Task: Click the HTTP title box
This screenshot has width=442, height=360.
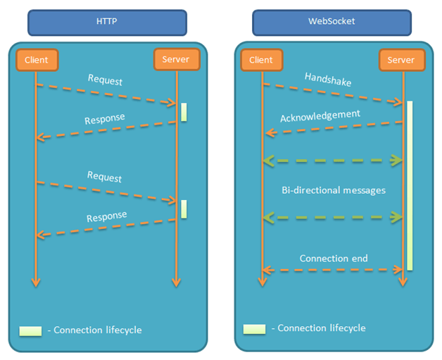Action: click(x=107, y=22)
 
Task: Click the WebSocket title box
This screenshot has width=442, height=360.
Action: click(x=334, y=22)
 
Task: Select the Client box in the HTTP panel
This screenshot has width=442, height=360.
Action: click(x=36, y=60)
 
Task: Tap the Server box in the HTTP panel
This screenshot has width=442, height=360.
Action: click(x=176, y=60)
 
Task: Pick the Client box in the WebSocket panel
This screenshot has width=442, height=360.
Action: click(x=262, y=60)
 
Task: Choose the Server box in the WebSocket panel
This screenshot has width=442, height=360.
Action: click(x=401, y=60)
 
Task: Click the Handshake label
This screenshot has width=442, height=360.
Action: click(x=328, y=79)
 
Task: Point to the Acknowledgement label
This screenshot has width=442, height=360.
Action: click(x=320, y=115)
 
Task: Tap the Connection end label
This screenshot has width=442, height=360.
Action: click(x=333, y=258)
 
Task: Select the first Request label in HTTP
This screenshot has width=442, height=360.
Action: click(x=105, y=80)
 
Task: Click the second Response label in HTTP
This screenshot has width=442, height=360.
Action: click(x=107, y=216)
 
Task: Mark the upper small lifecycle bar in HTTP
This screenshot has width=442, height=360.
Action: click(x=184, y=112)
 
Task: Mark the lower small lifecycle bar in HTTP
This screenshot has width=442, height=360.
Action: click(x=184, y=209)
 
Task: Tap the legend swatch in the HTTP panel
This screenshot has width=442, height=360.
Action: click(x=32, y=330)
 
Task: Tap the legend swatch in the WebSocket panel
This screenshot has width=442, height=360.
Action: click(x=254, y=328)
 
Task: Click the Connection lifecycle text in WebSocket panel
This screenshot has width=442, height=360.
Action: click(x=322, y=328)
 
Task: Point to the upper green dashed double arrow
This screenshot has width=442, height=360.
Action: click(x=332, y=161)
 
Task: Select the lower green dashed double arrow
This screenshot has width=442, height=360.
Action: click(x=332, y=218)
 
